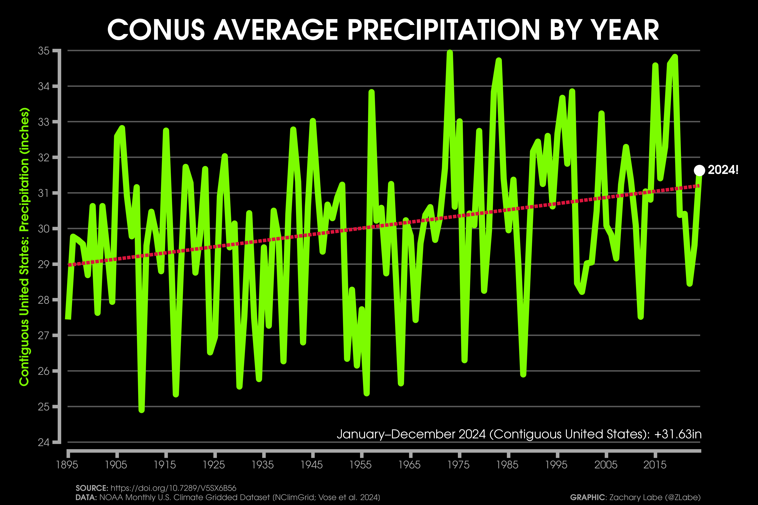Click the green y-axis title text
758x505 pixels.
[24, 246]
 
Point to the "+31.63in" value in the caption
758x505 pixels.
[678, 434]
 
